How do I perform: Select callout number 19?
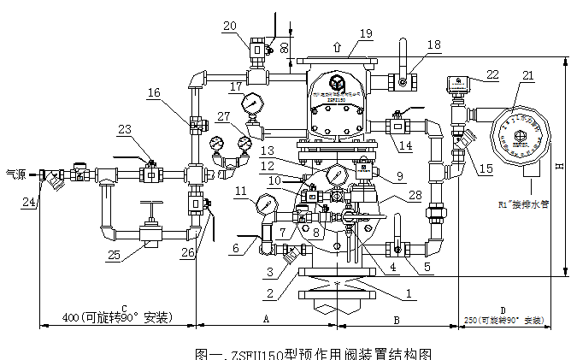(366, 33)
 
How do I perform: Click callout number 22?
(492, 75)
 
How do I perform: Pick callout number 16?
(153, 92)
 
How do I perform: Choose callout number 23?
(126, 130)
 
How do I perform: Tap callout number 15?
(486, 169)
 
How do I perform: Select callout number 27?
(224, 115)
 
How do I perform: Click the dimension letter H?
(557, 165)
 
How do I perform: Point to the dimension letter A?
(266, 317)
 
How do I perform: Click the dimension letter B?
(396, 317)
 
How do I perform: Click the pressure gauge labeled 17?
(252, 103)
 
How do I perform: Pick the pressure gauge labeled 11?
(266, 205)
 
